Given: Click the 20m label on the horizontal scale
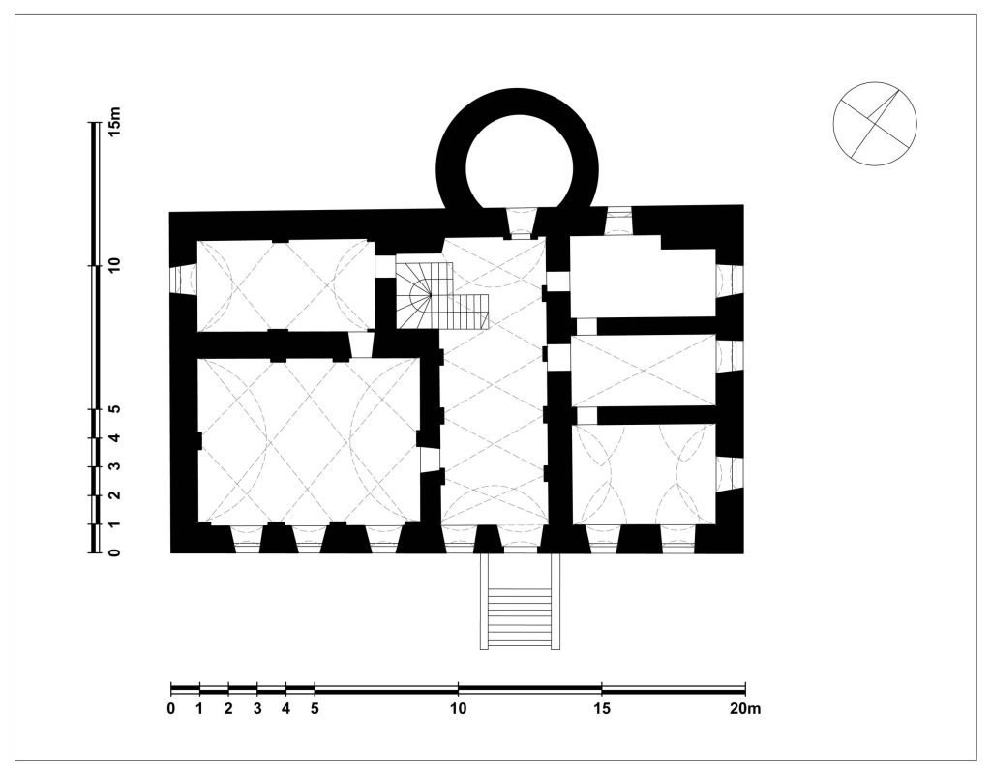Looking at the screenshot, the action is pos(745,708).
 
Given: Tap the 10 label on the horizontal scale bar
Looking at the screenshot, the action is pos(458,708).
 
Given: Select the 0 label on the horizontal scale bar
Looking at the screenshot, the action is pos(171,708).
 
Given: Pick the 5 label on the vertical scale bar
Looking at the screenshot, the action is pos(114,408).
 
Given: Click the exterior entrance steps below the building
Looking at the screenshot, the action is pos(520,601).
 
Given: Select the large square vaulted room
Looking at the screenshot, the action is pos(309,440).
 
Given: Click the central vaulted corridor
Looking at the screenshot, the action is pos(494,382).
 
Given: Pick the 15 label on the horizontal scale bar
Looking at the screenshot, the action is pos(602,708).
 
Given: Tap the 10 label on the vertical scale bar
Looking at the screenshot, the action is pos(114,265).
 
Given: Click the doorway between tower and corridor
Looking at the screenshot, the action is pos(522,223).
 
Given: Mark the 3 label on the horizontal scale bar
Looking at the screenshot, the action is pos(257,708).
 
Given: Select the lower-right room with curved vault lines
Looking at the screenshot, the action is pos(644,474).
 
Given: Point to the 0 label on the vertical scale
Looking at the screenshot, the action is pos(114,552).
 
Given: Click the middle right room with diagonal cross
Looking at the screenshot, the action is pos(644,371).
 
